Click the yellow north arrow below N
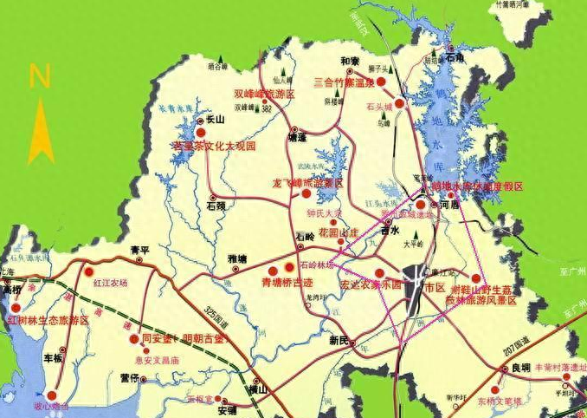click(40, 130)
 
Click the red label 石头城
click(379, 107)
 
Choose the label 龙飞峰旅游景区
click(307, 184)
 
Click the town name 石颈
click(216, 206)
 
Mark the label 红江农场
click(110, 283)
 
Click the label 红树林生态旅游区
click(48, 320)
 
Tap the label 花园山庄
click(338, 233)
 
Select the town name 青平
click(139, 251)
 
